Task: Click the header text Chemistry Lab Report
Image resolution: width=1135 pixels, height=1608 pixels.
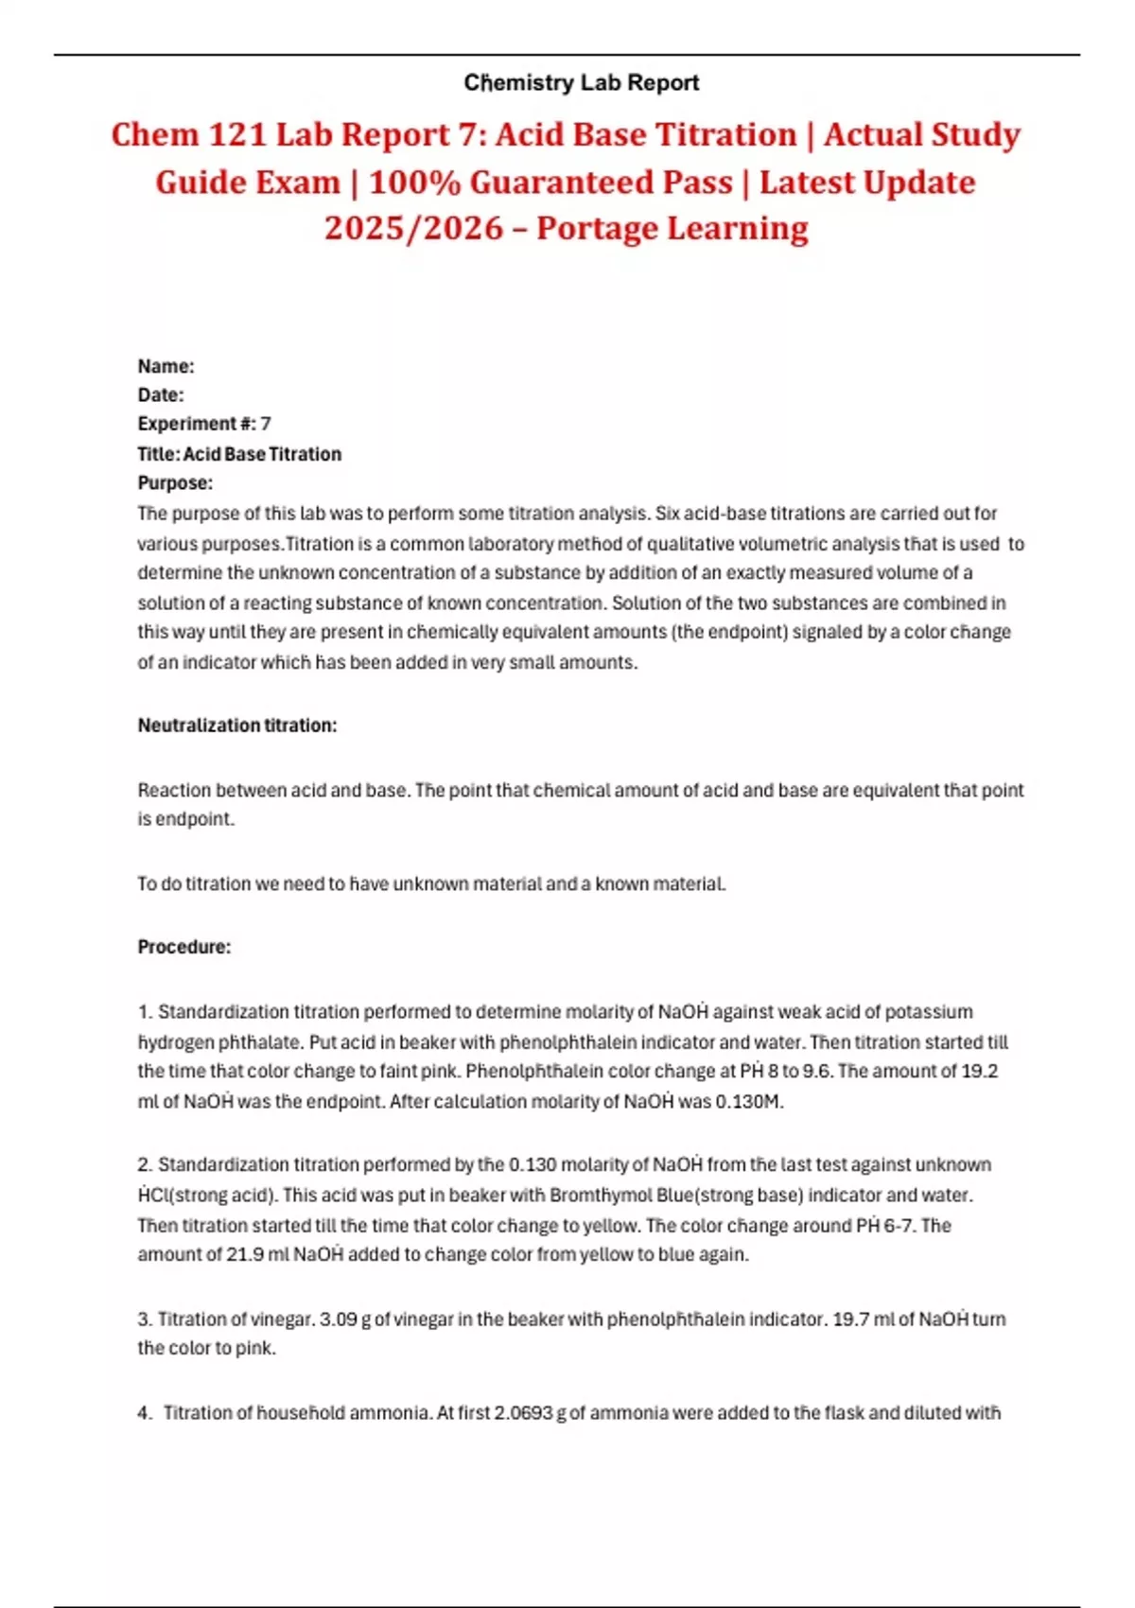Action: pos(581,83)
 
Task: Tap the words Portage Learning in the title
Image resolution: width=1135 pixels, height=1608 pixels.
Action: pos(672,228)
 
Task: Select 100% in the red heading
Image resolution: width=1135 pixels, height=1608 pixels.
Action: pos(414,182)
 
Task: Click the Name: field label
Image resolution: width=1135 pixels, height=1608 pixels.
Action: pos(166,366)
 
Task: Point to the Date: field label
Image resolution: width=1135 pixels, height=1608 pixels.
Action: pos(161,395)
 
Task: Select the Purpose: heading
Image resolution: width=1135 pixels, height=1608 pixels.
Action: pos(175,483)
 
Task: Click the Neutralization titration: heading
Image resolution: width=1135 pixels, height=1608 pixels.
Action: pos(237,725)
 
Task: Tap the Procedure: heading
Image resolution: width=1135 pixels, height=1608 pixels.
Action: pos(184,947)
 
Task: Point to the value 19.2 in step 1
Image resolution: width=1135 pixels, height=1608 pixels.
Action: pos(979,1072)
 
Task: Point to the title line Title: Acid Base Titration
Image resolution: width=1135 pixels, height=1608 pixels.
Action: pos(239,454)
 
